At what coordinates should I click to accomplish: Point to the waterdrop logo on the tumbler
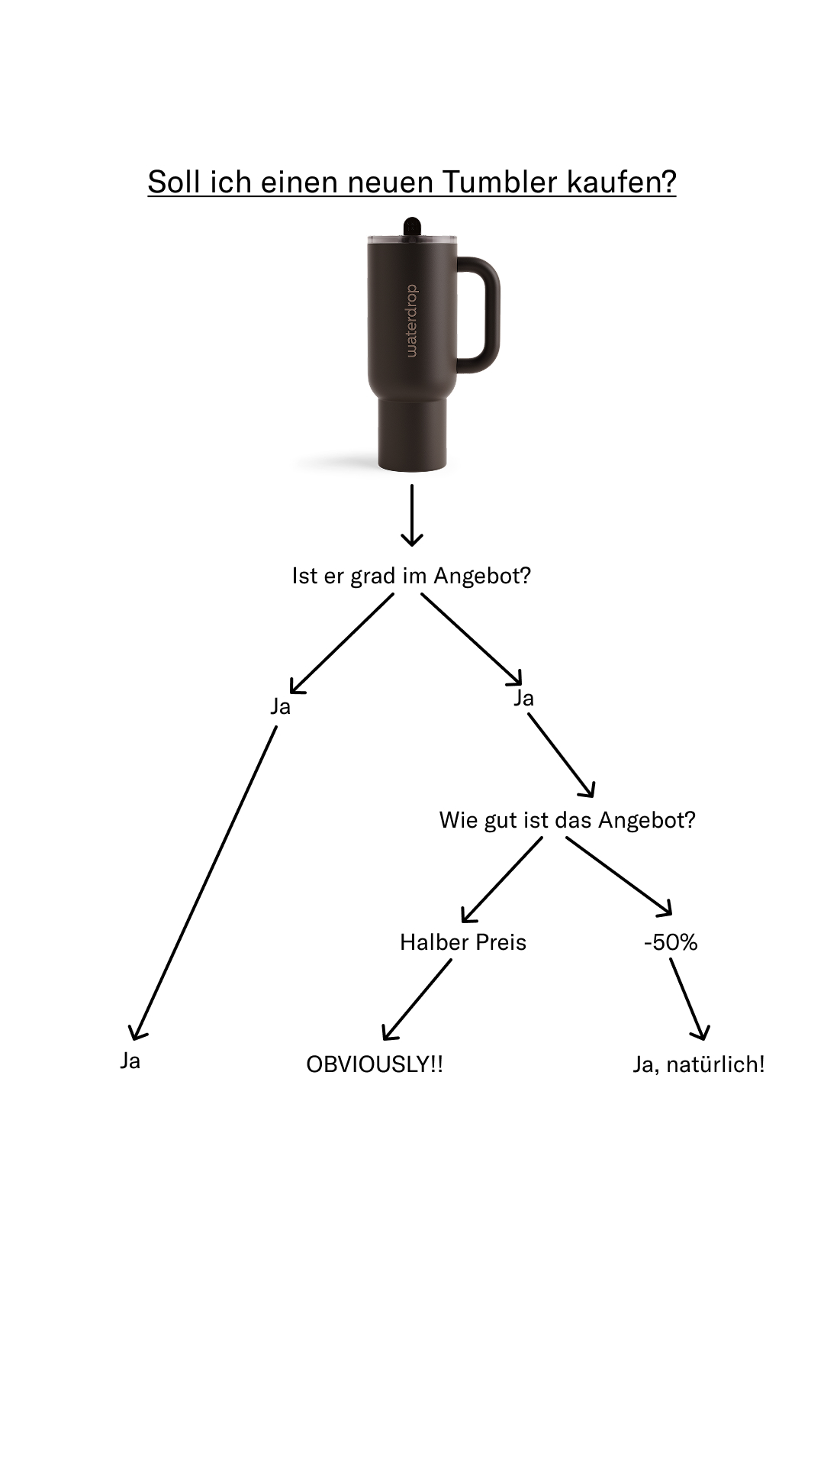click(x=412, y=321)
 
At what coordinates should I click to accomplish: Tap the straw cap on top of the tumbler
click(x=412, y=227)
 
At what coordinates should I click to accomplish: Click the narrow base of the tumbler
click(x=412, y=432)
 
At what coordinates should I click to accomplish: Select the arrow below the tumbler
click(x=412, y=515)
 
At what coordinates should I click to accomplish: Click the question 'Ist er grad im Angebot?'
click(x=411, y=576)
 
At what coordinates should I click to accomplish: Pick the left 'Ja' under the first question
click(x=281, y=706)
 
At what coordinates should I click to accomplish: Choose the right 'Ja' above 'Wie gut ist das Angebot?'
click(x=523, y=698)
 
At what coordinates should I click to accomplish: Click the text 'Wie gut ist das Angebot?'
click(x=567, y=820)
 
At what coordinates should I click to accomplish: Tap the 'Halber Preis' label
click(x=463, y=942)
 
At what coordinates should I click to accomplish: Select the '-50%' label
click(x=671, y=942)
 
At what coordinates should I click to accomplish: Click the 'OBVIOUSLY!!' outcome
click(x=375, y=1064)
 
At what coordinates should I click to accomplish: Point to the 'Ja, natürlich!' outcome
click(x=699, y=1064)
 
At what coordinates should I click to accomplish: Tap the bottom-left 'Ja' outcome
click(x=130, y=1061)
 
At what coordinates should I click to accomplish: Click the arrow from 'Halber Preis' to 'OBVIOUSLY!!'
click(x=417, y=999)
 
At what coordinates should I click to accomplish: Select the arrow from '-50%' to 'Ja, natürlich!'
click(x=689, y=999)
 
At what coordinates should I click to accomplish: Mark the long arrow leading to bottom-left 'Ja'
click(x=204, y=882)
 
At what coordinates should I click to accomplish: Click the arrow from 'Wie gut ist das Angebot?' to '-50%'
click(x=619, y=876)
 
